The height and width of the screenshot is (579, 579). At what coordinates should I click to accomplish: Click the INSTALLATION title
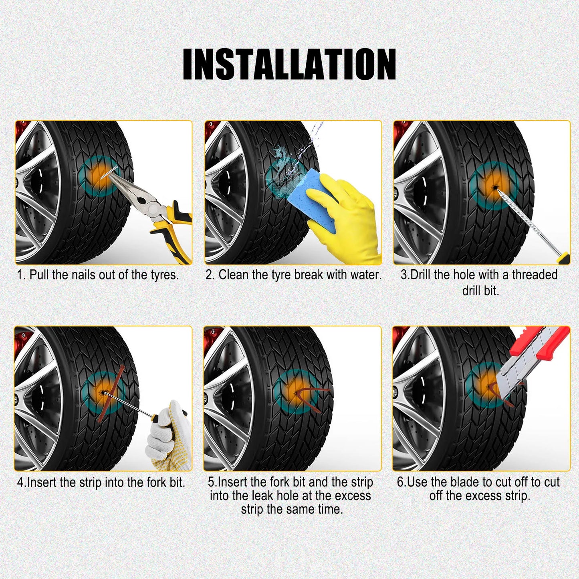[x=289, y=65]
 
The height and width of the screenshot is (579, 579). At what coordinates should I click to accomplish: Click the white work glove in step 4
[x=168, y=437]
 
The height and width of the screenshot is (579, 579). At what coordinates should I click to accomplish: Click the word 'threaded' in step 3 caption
[x=535, y=275]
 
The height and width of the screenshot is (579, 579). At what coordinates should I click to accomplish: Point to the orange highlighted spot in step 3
[x=494, y=187]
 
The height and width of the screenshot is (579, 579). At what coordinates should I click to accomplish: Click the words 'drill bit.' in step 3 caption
[x=480, y=291]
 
